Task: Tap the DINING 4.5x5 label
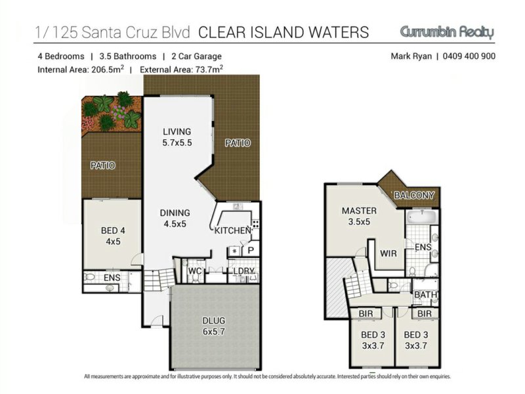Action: tap(175, 218)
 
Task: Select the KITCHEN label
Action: tap(232, 230)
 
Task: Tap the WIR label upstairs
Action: tap(388, 253)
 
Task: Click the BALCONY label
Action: tap(414, 195)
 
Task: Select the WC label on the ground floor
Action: tap(194, 271)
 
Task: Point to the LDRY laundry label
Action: tap(243, 271)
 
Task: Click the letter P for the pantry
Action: tap(251, 251)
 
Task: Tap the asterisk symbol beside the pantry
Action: tap(234, 251)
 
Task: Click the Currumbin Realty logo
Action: tap(447, 32)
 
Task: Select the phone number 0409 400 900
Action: tap(469, 56)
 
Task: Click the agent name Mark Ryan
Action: tap(411, 56)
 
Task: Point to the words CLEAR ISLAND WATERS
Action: tap(283, 32)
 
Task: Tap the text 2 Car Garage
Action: tap(196, 56)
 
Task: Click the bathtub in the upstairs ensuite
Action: tap(423, 217)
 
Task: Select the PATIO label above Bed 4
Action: tap(103, 165)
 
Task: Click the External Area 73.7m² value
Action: tap(182, 70)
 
